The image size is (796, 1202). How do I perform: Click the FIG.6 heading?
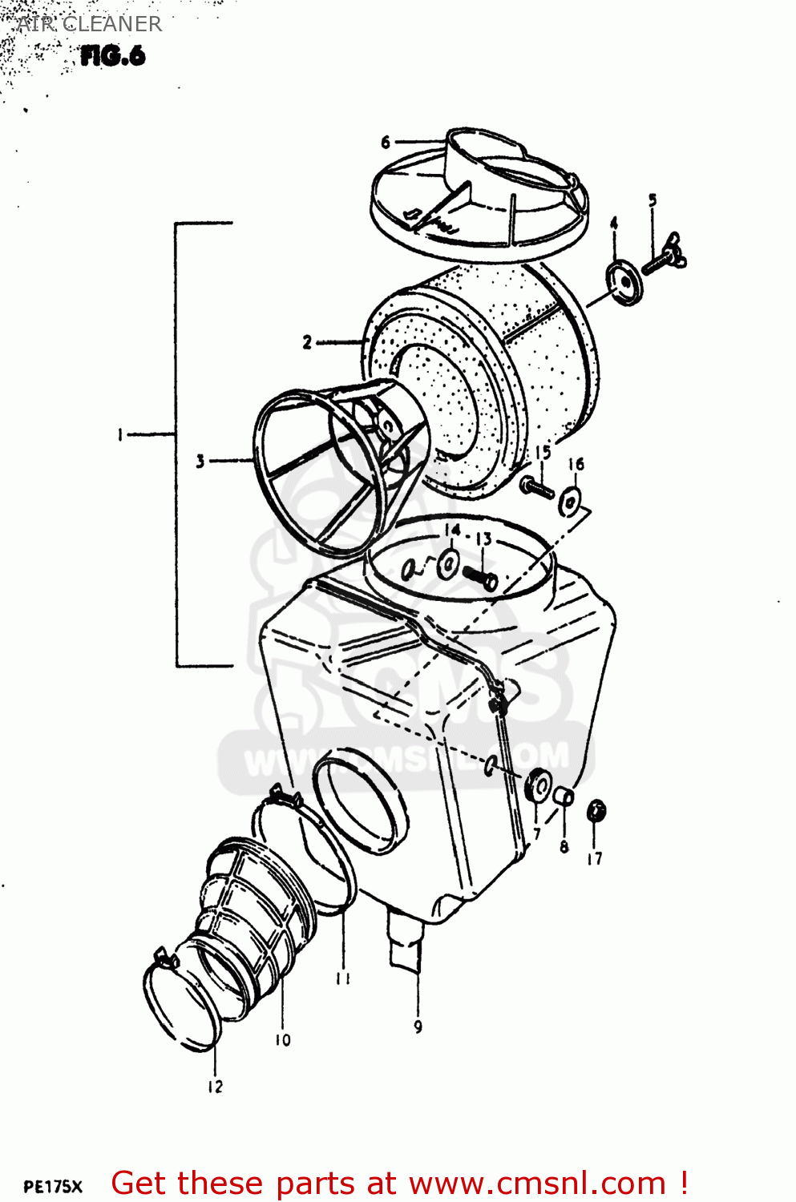(112, 56)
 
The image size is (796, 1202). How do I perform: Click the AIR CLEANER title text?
(89, 24)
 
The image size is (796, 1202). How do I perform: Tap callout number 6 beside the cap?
(386, 143)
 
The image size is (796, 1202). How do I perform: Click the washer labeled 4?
(624, 283)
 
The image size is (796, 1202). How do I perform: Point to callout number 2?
(307, 343)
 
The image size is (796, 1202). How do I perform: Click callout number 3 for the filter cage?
(200, 462)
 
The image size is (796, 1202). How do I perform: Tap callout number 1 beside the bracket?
(120, 435)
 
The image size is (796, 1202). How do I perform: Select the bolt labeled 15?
(536, 486)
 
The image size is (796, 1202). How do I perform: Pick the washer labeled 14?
(447, 563)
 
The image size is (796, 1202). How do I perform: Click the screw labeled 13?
(480, 576)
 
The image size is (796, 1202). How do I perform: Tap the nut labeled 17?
(596, 812)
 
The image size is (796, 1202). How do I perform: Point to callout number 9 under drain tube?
(418, 1027)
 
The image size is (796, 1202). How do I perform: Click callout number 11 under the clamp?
(343, 978)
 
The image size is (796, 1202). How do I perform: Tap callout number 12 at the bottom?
(215, 1087)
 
